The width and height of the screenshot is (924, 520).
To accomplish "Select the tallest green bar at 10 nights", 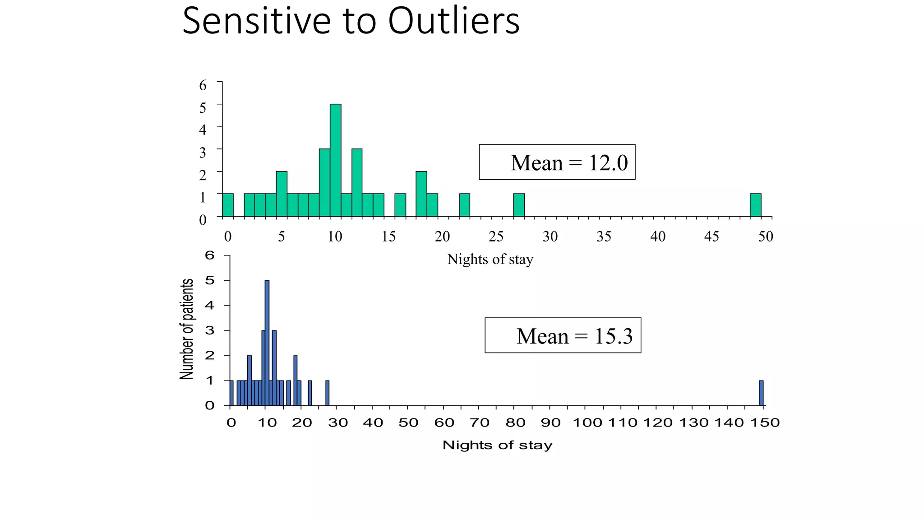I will pyautogui.click(x=335, y=160).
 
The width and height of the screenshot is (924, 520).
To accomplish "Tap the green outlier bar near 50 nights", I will pyautogui.click(x=755, y=205).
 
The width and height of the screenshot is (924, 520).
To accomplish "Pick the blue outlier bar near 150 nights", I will pyautogui.click(x=761, y=393).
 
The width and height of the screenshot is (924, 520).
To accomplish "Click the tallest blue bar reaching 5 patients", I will pyautogui.click(x=267, y=343).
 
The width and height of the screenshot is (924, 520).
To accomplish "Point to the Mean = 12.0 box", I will pyautogui.click(x=557, y=162).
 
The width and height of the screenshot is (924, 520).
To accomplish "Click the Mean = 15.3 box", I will pyautogui.click(x=563, y=336).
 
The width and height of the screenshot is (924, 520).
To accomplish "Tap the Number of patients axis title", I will pyautogui.click(x=187, y=329).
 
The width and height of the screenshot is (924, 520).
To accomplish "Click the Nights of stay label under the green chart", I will pyautogui.click(x=490, y=260).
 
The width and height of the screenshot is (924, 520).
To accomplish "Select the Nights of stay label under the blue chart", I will pyautogui.click(x=497, y=445).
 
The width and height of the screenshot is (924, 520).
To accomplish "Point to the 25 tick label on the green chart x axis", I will pyautogui.click(x=496, y=237).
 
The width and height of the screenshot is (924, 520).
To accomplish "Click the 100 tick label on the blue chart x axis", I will pyautogui.click(x=587, y=423).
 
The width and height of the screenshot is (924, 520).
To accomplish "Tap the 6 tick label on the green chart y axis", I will pyautogui.click(x=203, y=85).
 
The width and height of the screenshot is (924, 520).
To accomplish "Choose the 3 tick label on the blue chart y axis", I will pyautogui.click(x=210, y=330).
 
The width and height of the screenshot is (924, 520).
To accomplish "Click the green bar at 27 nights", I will pyautogui.click(x=519, y=205).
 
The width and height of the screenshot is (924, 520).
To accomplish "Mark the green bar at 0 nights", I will pyautogui.click(x=228, y=205).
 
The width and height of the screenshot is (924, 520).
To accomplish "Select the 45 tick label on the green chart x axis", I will pyautogui.click(x=711, y=237).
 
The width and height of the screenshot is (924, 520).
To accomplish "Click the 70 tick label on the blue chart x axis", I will pyautogui.click(x=480, y=423).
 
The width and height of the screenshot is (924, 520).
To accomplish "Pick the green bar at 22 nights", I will pyautogui.click(x=465, y=205).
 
